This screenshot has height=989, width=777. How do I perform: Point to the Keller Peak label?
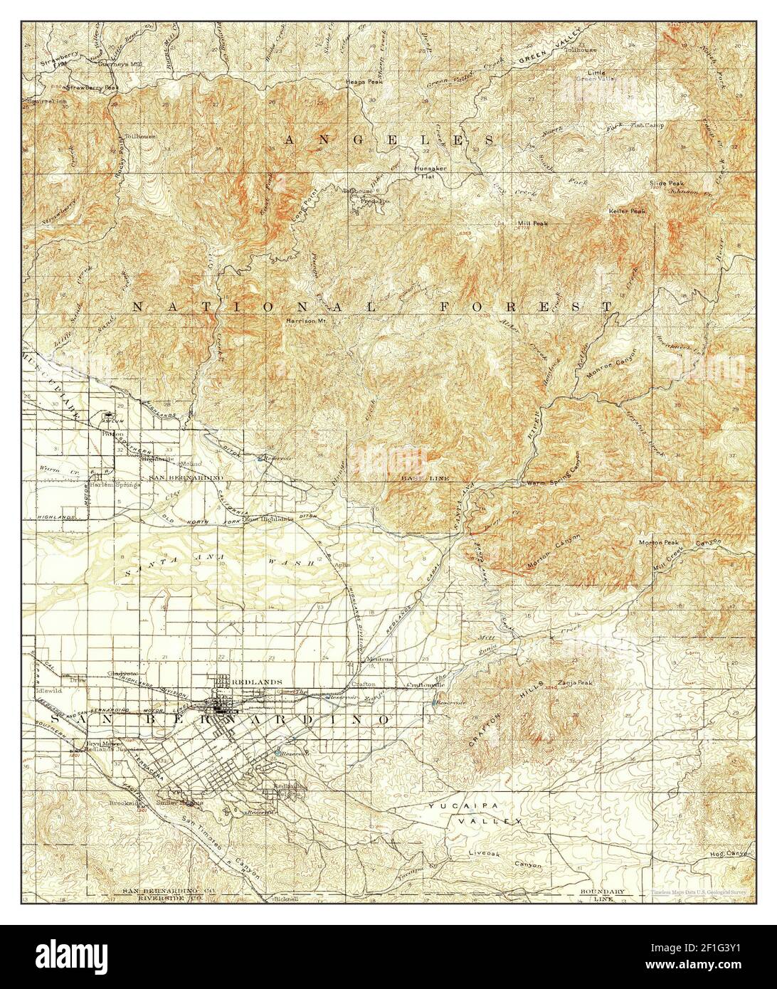pyautogui.click(x=627, y=211)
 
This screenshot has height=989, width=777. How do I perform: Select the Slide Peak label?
pyautogui.click(x=667, y=184)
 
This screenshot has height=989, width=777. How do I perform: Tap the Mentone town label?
pyautogui.click(x=379, y=659)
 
